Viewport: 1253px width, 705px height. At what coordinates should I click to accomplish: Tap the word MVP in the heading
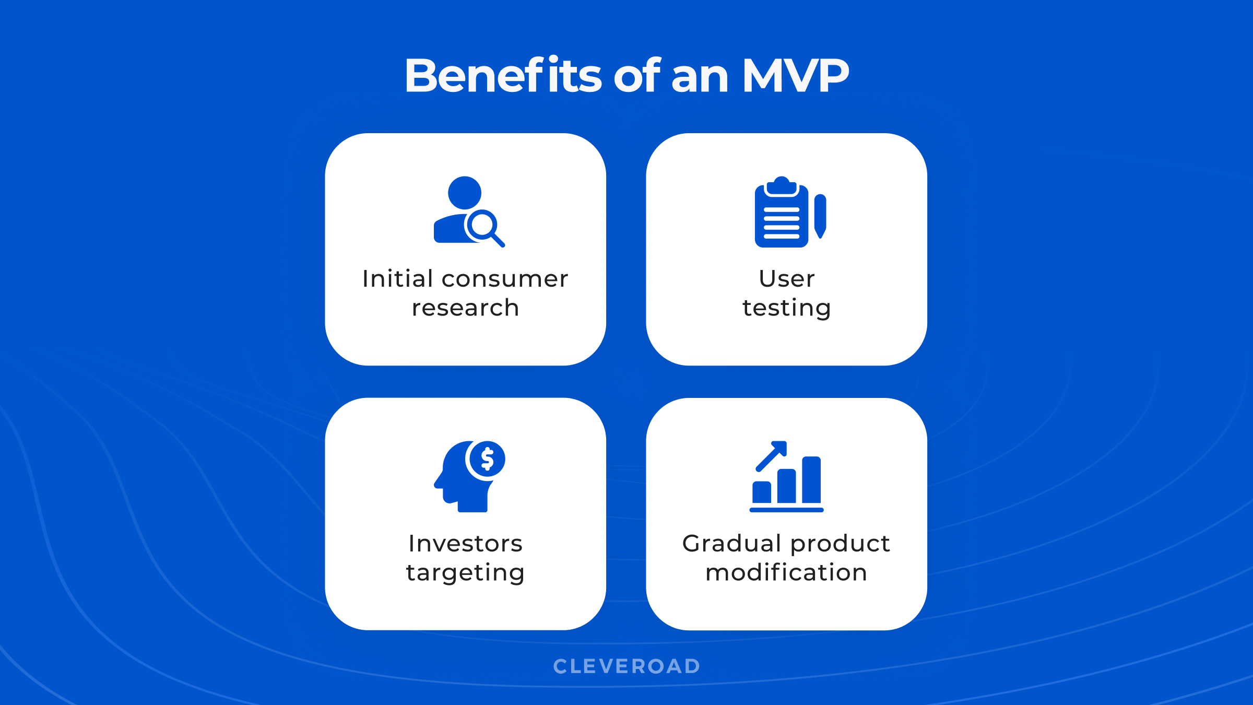click(x=796, y=76)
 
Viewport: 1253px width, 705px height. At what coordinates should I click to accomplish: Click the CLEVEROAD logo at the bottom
click(x=626, y=666)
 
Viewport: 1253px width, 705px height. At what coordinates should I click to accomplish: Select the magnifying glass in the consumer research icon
click(x=483, y=226)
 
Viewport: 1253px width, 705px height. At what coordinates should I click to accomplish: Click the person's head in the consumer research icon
click(x=465, y=193)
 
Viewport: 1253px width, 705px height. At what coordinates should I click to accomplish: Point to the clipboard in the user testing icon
click(x=781, y=214)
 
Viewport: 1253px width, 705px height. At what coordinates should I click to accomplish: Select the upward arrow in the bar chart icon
click(x=772, y=455)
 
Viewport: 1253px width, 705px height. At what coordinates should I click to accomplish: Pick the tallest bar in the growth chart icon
click(x=811, y=480)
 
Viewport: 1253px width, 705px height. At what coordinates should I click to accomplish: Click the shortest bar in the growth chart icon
click(x=762, y=492)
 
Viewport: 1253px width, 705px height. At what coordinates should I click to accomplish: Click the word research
click(x=465, y=308)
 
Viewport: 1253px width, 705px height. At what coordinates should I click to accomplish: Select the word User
click(x=786, y=279)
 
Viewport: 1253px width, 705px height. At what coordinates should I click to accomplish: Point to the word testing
click(x=786, y=308)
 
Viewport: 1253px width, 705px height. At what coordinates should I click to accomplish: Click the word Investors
click(x=465, y=544)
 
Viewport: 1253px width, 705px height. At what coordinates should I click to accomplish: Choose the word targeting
click(x=465, y=573)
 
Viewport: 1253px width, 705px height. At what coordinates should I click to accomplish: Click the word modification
click(x=786, y=573)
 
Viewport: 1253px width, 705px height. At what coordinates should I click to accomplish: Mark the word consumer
click(x=505, y=279)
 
